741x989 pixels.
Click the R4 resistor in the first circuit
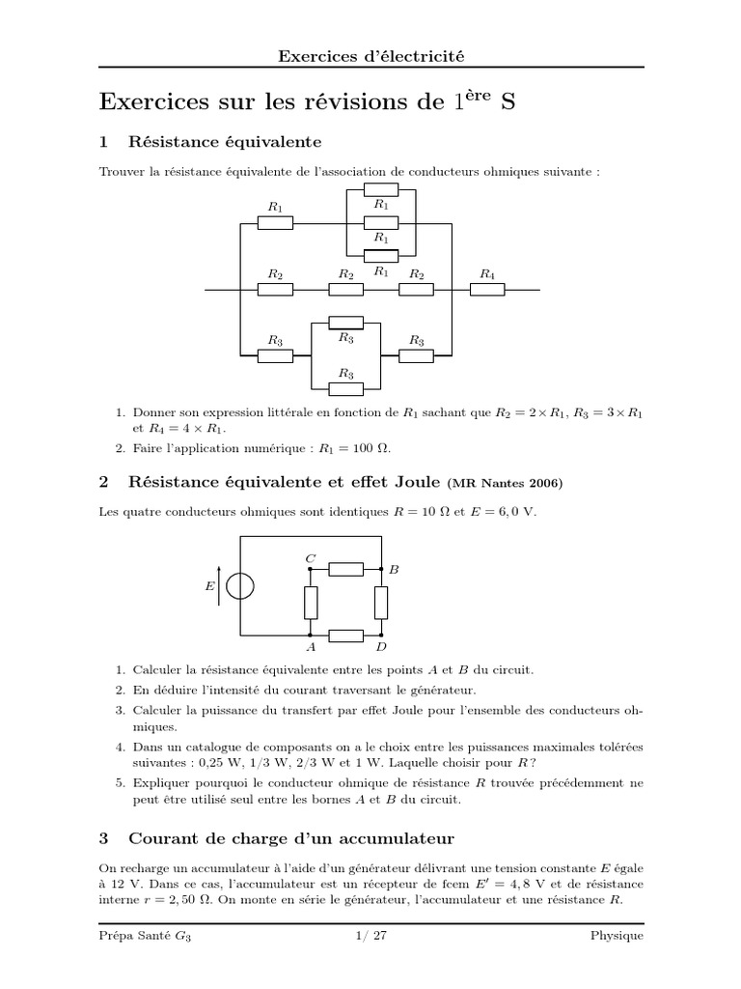(486, 289)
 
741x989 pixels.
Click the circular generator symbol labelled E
(239, 586)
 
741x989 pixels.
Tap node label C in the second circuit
(310, 558)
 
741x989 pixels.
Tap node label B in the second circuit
(394, 571)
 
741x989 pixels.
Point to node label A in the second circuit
(310, 646)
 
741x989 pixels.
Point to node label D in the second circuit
(382, 646)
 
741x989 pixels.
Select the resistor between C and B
(345, 569)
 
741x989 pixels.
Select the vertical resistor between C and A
(311, 603)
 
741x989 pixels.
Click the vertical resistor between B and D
(382, 603)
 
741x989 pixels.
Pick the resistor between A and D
(345, 635)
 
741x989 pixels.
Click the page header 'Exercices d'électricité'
(370, 56)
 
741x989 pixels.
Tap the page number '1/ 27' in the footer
(370, 936)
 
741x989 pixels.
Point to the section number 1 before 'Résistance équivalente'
(103, 142)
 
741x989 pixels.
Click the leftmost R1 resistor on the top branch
(276, 223)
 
